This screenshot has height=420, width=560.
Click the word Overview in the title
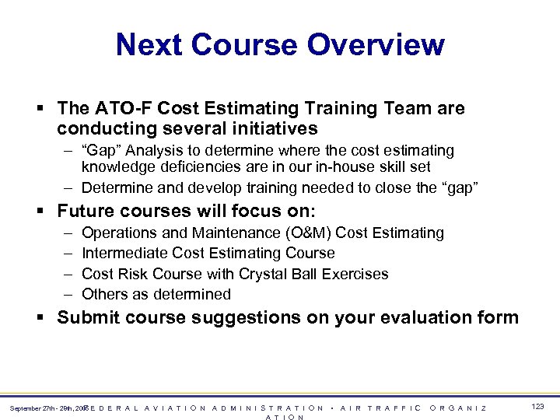pyautogui.click(x=376, y=44)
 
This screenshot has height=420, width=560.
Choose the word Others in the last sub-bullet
pyautogui.click(x=103, y=294)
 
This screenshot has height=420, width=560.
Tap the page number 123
pyautogui.click(x=537, y=407)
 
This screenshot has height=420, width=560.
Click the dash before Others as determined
pyautogui.click(x=68, y=294)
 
